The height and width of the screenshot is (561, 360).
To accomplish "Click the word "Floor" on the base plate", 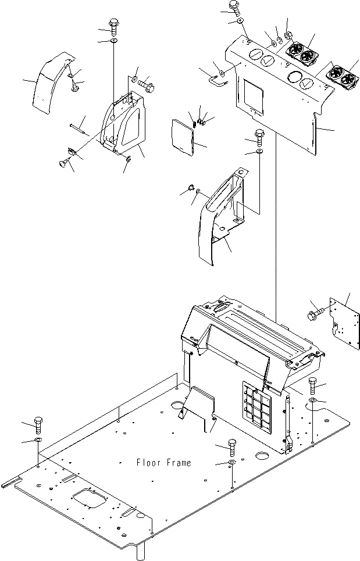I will [x=148, y=463].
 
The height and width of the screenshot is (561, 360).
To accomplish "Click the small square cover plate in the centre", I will [x=184, y=137].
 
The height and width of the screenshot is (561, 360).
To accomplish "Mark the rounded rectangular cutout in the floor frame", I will [x=90, y=500].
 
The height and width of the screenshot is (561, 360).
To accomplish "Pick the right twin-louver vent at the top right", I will [x=342, y=72].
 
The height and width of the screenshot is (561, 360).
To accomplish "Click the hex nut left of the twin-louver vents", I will [x=288, y=33].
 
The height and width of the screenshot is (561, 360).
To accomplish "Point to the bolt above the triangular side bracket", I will [x=113, y=26].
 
